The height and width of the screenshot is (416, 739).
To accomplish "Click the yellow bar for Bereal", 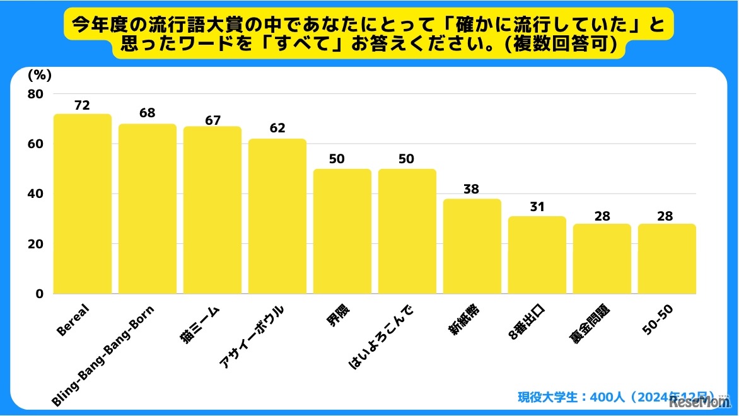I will click(x=83, y=204).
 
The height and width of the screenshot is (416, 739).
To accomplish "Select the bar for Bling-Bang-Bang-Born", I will click(x=148, y=209).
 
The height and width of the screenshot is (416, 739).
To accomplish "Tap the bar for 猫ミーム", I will click(x=212, y=211).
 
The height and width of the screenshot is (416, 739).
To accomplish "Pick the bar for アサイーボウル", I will click(x=277, y=217).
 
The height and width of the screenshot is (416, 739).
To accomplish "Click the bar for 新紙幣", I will click(x=472, y=246).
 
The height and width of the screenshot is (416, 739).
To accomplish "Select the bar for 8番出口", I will click(x=537, y=255).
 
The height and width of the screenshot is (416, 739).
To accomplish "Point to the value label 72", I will click(x=83, y=105).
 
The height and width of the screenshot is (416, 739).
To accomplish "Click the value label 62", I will click(x=277, y=129).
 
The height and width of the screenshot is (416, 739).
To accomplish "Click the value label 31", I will click(x=537, y=207).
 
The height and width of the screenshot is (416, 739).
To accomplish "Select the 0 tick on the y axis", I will click(x=39, y=294).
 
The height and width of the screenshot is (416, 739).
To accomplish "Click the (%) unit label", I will click(x=39, y=74).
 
